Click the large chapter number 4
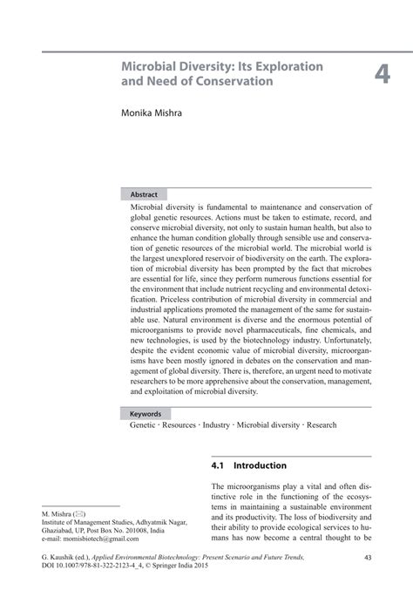(383, 76)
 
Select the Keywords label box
(146, 414)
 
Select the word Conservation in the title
(229, 81)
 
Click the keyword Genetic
(144, 427)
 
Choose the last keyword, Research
(322, 427)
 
